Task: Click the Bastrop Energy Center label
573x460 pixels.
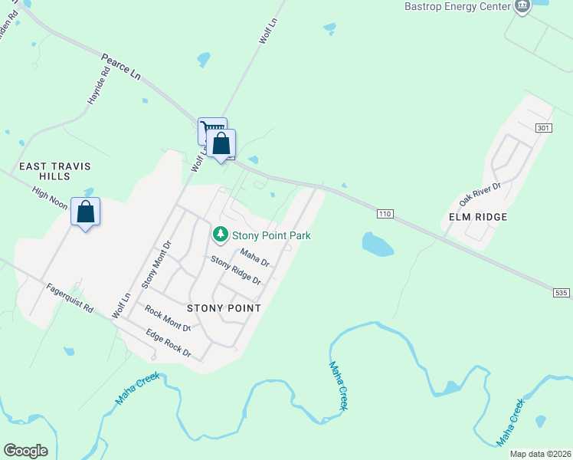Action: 457,6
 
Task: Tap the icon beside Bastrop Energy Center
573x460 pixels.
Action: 522,6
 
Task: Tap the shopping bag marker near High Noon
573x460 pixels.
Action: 86,212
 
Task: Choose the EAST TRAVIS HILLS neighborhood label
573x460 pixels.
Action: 48,171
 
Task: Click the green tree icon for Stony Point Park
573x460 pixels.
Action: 221,233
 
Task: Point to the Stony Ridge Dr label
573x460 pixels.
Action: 236,271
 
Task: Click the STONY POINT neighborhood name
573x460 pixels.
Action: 229,308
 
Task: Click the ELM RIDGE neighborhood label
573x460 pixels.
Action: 479,217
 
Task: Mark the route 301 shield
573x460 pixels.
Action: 543,127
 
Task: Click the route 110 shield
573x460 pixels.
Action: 385,213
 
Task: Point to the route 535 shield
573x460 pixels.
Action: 562,292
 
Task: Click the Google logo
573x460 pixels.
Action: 25,451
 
